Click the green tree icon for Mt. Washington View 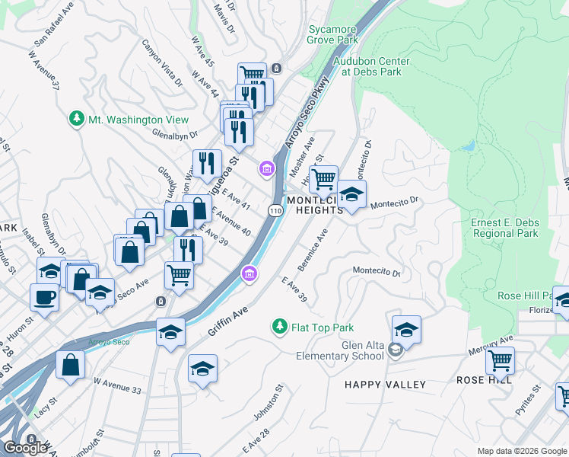coord(76,119)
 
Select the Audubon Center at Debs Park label coord(370,66)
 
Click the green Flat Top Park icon coord(279,328)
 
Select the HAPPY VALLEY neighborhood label coord(385,385)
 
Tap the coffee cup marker coord(44,297)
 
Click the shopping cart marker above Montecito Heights coord(324,179)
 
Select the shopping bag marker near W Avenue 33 coord(70,364)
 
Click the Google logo coord(25,448)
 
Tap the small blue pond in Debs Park coord(469,145)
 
